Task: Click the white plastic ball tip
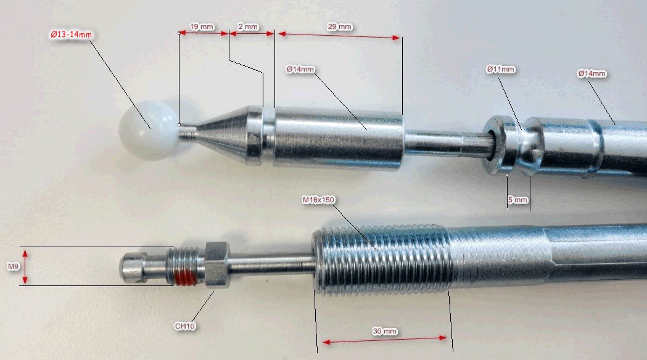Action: pos(148,130)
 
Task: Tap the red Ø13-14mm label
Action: pos(71,35)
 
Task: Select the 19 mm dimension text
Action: pos(202,27)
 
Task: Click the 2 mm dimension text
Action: pos(248,27)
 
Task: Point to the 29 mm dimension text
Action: pos(340,27)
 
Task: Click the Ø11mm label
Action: pos(501,69)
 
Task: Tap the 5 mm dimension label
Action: pos(518,200)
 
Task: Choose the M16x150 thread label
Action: pos(318,200)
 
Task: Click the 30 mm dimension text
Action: pos(385,331)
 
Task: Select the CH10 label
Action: pos(185,326)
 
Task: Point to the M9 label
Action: pos(13,267)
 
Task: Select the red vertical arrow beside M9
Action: pos(25,266)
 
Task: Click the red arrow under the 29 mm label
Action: pos(339,36)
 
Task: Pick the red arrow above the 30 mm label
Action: pos(385,340)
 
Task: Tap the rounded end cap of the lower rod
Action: pos(133,267)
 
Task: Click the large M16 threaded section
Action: pos(382,261)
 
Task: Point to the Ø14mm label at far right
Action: pos(591,74)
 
